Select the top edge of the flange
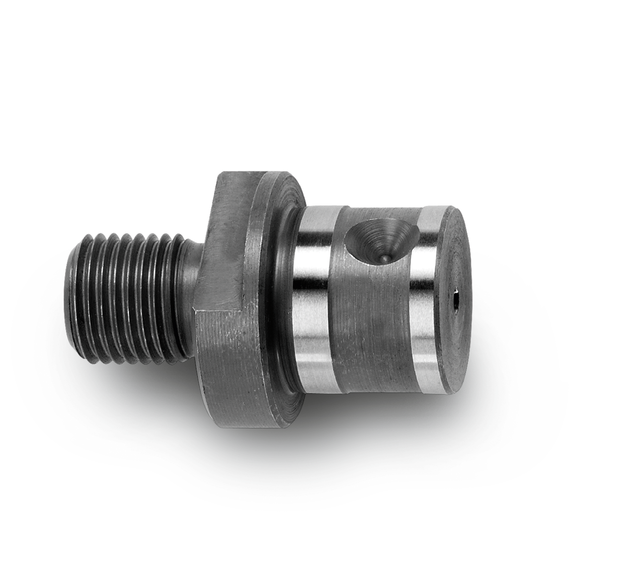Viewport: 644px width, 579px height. (252, 174)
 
